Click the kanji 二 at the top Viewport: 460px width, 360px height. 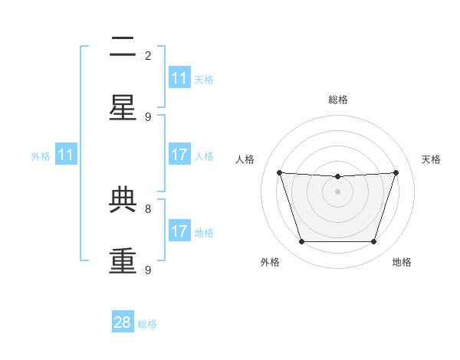point(123,46)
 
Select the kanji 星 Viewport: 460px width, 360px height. point(123,107)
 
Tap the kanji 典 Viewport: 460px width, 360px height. point(123,199)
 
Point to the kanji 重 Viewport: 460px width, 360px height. point(123,260)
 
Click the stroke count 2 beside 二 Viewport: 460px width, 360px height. point(148,56)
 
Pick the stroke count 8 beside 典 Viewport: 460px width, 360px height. point(148,209)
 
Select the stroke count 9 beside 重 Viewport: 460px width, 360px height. point(148,270)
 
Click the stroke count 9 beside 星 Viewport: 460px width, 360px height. point(148,117)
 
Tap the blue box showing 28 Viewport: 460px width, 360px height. point(123,321)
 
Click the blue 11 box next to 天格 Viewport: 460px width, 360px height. point(180,77)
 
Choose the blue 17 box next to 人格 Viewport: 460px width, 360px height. point(180,154)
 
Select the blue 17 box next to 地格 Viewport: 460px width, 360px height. point(180,230)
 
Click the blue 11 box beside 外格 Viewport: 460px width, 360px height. point(66,154)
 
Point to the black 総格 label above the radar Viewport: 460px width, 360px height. point(338,100)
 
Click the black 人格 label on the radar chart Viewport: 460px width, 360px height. point(245,159)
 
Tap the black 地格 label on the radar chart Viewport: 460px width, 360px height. point(402,262)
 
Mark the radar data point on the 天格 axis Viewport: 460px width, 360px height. point(396,172)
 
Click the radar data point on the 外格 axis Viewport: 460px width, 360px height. point(302,241)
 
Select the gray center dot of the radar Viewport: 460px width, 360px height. point(337,191)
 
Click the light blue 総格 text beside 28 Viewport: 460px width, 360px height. point(147,324)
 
